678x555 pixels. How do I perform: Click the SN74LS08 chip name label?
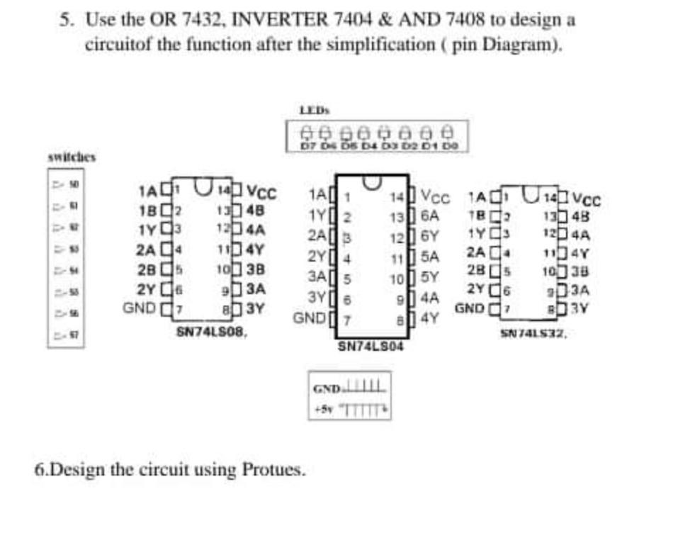pyautogui.click(x=211, y=330)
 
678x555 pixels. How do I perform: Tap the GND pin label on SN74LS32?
pyautogui.click(x=470, y=309)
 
